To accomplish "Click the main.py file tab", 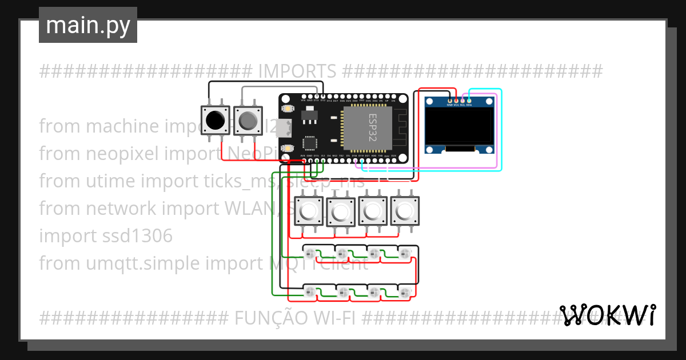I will click(87, 25).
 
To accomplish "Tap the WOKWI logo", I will click(608, 315).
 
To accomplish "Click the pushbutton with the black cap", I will click(216, 121).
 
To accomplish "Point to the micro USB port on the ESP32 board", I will click(282, 129).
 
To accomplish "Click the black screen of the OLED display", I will click(460, 126).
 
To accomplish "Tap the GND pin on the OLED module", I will click(449, 101).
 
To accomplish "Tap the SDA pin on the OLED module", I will click(469, 101).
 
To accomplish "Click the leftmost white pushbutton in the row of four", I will click(309, 212).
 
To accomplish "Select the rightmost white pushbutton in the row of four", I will click(405, 212).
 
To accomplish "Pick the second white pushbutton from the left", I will click(341, 212).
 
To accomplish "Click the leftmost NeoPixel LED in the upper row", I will click(310, 253).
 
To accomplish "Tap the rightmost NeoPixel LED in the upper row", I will click(405, 253).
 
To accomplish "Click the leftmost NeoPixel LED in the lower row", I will click(310, 293).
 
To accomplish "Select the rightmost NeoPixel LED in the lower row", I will click(405, 293).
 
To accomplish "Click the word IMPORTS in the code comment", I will click(297, 71).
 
